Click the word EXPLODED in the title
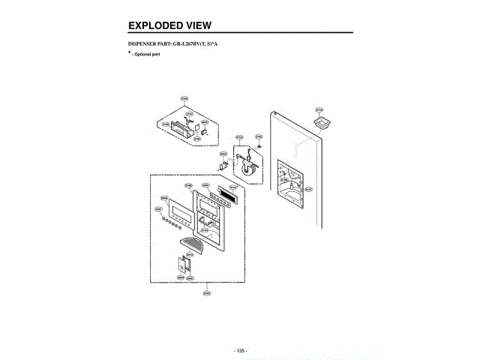[x=154, y=25]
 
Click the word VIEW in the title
[x=196, y=25]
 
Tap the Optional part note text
[x=147, y=55]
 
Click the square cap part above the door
[x=322, y=121]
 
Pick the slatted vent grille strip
[x=225, y=195]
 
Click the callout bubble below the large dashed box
[x=205, y=293]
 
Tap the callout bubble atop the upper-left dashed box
[x=184, y=99]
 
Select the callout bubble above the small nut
[x=259, y=136]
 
